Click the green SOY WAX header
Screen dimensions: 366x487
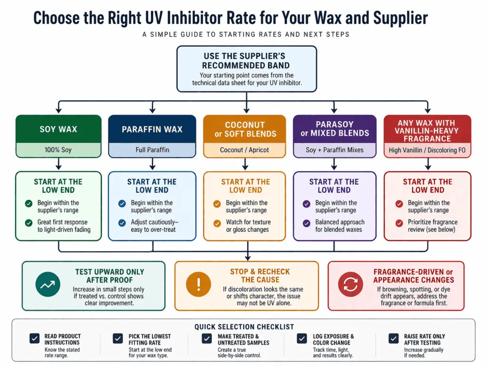click(58, 129)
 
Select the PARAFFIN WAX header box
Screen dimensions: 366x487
click(152, 129)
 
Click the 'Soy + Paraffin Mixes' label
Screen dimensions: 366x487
click(335, 150)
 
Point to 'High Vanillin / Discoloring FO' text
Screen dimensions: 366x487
click(427, 150)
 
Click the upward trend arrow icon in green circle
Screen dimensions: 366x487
click(48, 285)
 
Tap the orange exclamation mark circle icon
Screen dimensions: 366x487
click(199, 285)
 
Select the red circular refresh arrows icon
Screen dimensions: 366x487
click(351, 285)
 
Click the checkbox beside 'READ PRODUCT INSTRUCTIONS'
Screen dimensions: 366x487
click(35, 338)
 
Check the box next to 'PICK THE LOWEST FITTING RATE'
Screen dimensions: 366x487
click(118, 338)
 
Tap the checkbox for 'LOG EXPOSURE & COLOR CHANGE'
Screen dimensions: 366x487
click(302, 338)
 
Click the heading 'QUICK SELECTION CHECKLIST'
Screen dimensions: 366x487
click(244, 327)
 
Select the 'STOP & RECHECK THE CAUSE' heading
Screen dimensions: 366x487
click(260, 276)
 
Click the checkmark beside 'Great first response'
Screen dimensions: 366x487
click(29, 222)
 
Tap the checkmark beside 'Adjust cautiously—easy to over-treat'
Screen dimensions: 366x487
click(122, 222)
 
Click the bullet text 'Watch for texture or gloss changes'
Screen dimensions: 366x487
click(247, 226)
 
